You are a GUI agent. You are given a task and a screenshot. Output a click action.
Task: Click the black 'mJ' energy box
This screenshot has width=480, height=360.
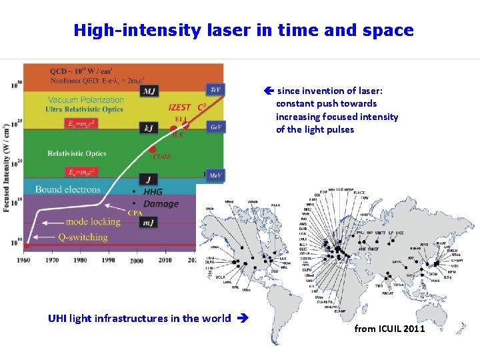tap(149, 222)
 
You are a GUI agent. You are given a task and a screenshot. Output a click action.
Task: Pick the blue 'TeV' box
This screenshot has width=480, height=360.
tap(215, 89)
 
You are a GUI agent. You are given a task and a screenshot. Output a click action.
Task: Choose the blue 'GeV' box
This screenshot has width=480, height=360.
tap(215, 127)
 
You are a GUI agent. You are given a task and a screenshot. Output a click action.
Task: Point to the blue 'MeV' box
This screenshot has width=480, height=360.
tap(215, 175)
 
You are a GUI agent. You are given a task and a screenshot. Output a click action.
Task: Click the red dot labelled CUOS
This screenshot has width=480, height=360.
tap(153, 149)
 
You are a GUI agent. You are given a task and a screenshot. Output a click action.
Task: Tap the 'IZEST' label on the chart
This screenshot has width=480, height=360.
tap(180, 107)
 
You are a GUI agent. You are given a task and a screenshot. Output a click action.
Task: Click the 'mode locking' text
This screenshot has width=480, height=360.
tap(93, 221)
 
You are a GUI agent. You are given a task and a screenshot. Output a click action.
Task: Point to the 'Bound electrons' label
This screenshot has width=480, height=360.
tap(67, 190)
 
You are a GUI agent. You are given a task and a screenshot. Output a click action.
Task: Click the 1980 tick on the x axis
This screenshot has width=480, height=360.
tap(81, 260)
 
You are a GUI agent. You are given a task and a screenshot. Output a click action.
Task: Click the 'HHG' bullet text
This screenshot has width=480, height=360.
tap(153, 192)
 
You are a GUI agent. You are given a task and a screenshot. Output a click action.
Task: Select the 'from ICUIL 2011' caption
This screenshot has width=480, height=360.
tap(389, 328)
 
